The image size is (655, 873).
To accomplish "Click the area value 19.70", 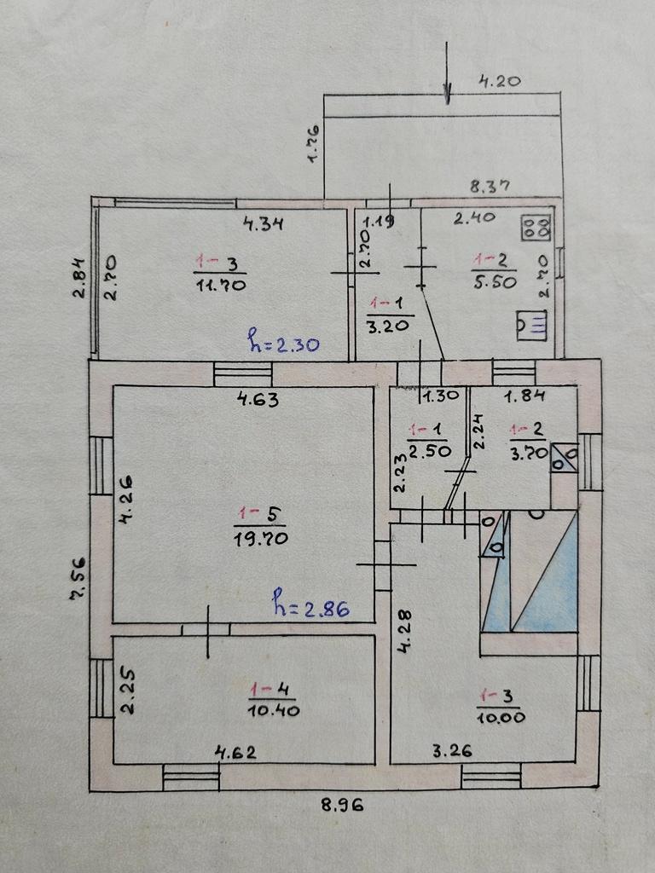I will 261,538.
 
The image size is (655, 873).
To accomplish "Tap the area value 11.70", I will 221,285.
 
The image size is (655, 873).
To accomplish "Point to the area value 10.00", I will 501,717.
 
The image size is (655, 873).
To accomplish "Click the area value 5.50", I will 495,282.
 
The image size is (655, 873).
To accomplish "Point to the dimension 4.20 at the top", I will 499,83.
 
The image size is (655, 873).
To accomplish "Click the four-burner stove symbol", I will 536,228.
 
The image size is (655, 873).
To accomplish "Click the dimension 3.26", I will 452,751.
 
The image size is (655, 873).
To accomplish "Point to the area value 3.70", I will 528,454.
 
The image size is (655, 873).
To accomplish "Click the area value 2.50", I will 426,452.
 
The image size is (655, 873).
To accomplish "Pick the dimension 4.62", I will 235,752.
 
